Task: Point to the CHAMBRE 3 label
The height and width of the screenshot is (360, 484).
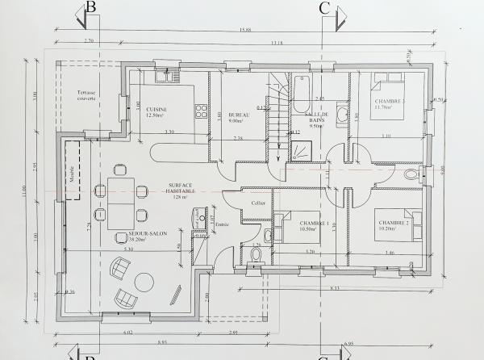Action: (389, 103)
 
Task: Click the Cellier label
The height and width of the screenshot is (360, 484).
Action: (258, 203)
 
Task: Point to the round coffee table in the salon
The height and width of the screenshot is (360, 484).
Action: (146, 282)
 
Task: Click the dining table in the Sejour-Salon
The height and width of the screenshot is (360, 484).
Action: (121, 203)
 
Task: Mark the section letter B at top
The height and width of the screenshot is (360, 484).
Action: (91, 7)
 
